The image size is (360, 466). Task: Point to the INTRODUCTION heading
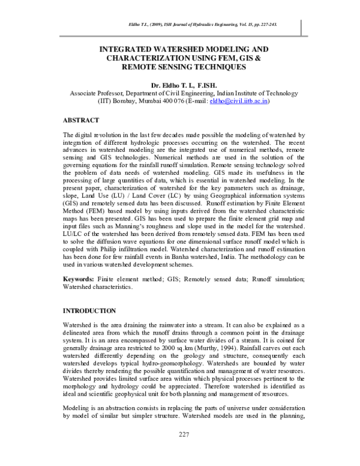point(90,310)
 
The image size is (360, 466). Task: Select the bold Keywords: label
point(79,280)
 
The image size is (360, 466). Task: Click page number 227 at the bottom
point(184,450)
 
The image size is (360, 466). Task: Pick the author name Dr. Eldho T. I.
point(170,86)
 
